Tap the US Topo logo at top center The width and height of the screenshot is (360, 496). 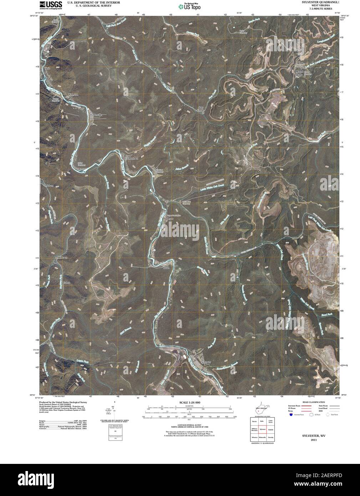click(190, 6)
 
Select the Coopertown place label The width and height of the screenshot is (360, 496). click(131, 157)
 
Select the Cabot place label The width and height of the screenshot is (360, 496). click(66, 283)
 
